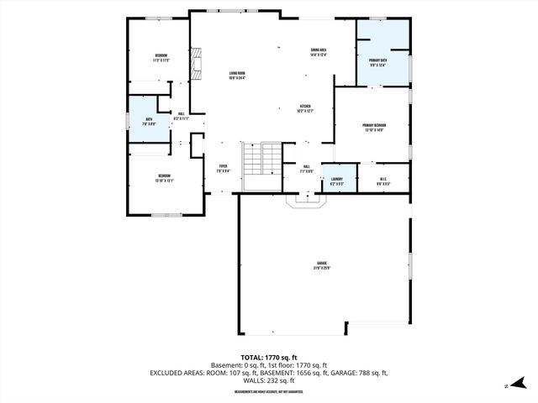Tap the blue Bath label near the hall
[x=148, y=121]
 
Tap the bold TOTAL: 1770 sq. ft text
[x=269, y=358]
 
